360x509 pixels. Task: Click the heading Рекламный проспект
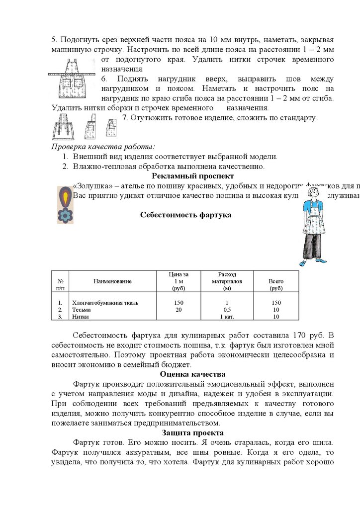click(x=192, y=176)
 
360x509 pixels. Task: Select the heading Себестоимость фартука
click(x=185, y=215)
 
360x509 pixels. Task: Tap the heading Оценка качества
click(x=192, y=374)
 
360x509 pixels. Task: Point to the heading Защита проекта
click(x=192, y=433)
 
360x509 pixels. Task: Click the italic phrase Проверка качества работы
click(x=103, y=147)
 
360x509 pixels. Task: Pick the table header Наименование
click(x=112, y=281)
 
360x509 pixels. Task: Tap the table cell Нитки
click(x=81, y=317)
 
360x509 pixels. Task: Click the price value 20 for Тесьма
click(x=179, y=310)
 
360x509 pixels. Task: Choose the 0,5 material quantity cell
click(x=227, y=310)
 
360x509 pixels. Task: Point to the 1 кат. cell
click(x=227, y=317)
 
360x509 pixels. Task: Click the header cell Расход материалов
click(x=227, y=281)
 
